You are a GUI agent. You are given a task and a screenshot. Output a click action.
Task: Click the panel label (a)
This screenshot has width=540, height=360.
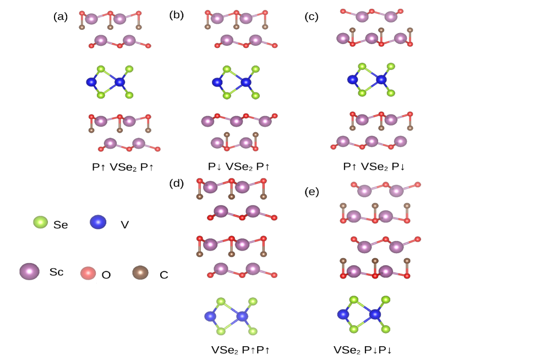click(x=61, y=17)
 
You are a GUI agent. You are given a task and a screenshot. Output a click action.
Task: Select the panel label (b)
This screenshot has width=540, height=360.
click(x=176, y=15)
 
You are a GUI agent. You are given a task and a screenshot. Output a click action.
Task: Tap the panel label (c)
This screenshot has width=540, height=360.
click(x=312, y=17)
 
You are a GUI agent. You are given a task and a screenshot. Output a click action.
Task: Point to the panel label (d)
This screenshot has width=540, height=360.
click(x=176, y=184)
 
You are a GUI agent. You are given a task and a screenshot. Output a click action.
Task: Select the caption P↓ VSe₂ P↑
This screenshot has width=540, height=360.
click(x=239, y=166)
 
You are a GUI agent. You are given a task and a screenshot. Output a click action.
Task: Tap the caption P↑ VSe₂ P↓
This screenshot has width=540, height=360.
click(x=374, y=166)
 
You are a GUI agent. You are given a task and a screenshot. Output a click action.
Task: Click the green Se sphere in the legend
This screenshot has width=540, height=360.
click(x=41, y=222)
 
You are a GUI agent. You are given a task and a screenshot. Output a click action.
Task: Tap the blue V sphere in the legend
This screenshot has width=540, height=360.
click(x=97, y=222)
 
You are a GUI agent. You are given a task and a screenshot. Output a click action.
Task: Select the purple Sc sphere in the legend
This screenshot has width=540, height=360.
click(x=29, y=271)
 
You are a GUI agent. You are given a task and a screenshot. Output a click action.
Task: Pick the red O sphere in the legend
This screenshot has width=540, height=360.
click(x=88, y=273)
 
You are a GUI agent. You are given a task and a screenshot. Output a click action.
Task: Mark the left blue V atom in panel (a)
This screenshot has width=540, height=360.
click(x=91, y=82)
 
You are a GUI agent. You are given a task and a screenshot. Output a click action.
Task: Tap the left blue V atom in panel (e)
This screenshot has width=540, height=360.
click(x=343, y=314)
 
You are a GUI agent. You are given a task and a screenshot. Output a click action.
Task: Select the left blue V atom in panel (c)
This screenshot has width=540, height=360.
click(x=353, y=80)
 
